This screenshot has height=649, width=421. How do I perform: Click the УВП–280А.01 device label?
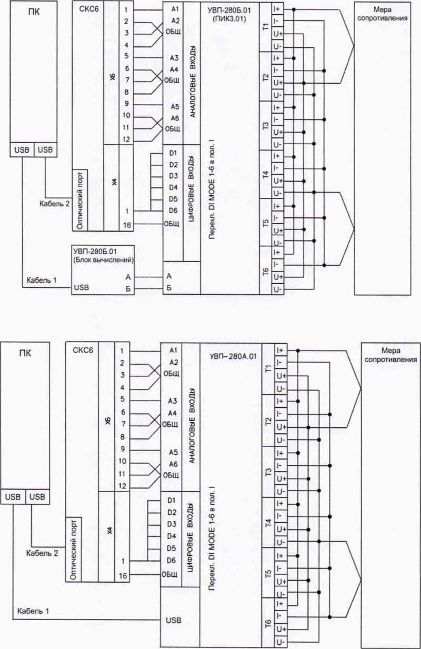232,357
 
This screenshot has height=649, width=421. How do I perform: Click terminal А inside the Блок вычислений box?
128,275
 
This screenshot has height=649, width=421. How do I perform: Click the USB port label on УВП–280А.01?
174,621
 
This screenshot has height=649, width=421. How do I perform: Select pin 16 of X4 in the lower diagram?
123,576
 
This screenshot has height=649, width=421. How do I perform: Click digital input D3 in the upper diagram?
173,176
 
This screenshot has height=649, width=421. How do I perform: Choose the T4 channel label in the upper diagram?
266,175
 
